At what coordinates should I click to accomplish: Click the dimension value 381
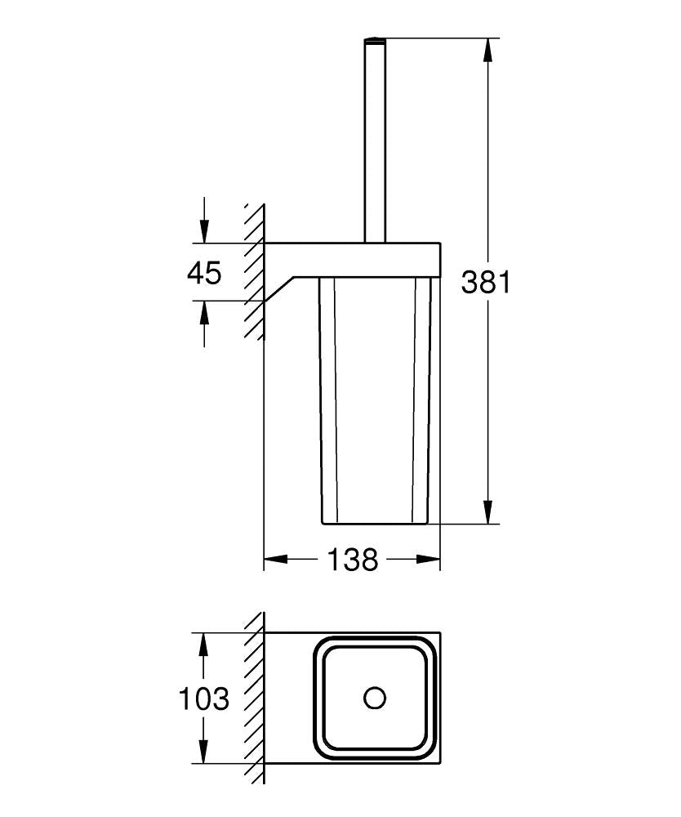[x=486, y=282]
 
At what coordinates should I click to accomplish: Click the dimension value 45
[x=204, y=273]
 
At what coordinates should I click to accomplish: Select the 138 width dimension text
[x=353, y=560]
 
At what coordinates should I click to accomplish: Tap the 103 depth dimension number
[x=204, y=699]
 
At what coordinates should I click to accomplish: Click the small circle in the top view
[x=375, y=699]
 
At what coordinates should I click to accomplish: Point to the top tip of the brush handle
[x=375, y=39]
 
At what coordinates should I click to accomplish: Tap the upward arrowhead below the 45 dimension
[x=204, y=312]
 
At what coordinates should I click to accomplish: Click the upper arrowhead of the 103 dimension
[x=204, y=644]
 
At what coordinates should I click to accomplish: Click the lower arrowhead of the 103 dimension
[x=204, y=753]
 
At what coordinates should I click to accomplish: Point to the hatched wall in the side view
[x=255, y=270]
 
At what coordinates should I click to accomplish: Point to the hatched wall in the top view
[x=255, y=699]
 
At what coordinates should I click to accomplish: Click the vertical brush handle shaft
[x=375, y=139]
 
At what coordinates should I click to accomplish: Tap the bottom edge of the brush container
[x=375, y=524]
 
